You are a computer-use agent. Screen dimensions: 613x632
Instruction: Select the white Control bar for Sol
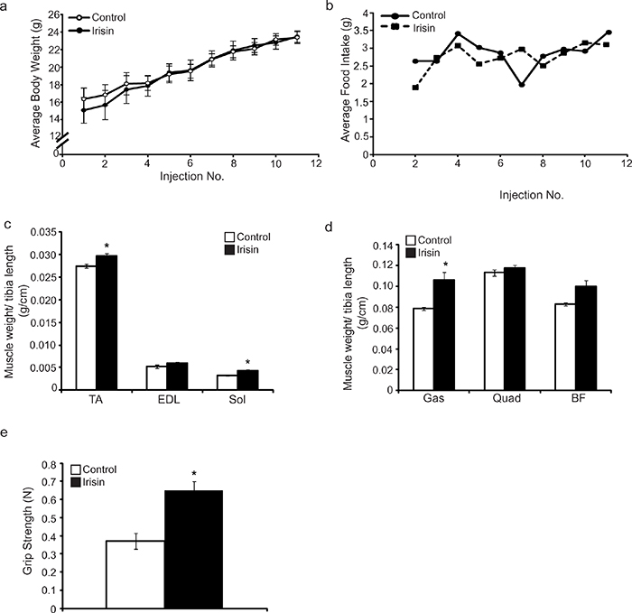point(227,382)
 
